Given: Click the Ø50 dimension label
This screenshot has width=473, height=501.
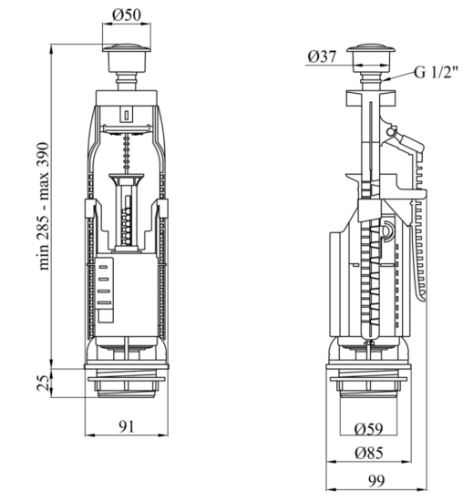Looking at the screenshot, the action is (127, 15).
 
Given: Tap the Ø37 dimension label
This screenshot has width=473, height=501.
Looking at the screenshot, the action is (322, 56).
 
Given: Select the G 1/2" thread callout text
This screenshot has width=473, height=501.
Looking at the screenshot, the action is (437, 72).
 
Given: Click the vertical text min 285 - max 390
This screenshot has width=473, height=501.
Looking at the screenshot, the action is (43, 207).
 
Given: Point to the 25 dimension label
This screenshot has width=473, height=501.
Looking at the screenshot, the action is (43, 383).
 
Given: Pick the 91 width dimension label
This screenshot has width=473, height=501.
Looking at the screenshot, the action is (127, 426).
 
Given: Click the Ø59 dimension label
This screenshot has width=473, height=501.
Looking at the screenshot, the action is (368, 429).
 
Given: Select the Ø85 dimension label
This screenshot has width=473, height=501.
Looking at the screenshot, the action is (368, 453).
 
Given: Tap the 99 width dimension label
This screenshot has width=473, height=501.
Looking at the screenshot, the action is (376, 481).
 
